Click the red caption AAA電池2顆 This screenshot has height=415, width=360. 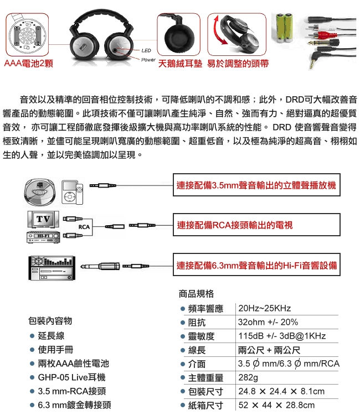pyautogui.click(x=29, y=64)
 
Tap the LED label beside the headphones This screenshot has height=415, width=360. pyautogui.click(x=146, y=50)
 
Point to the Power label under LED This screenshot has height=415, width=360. pyautogui.click(x=148, y=60)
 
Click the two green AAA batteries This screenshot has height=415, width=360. pyautogui.click(x=285, y=28)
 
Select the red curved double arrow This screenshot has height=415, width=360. pyautogui.click(x=219, y=30)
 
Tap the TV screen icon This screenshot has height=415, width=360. pyautogui.click(x=43, y=219)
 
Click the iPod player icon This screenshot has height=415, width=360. pyautogui.click(x=73, y=193)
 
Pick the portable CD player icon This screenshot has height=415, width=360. pyautogui.click(x=40, y=192)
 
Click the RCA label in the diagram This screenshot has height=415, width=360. pyautogui.click(x=84, y=227)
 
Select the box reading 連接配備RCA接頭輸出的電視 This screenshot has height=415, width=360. pyautogui.click(x=256, y=225)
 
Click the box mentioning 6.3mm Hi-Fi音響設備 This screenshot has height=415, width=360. pyautogui.click(x=256, y=264)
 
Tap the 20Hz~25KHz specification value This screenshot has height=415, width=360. pyautogui.click(x=264, y=308)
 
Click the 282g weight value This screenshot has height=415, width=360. pyautogui.click(x=248, y=377)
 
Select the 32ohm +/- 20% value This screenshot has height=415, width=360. pyautogui.click(x=268, y=322)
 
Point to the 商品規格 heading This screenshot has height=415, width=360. pyautogui.click(x=196, y=294)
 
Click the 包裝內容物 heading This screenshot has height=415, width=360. pyautogui.click(x=50, y=321)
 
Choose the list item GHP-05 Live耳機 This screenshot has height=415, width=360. pyautogui.click(x=71, y=377)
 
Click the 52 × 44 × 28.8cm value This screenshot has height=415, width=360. pyautogui.click(x=276, y=405)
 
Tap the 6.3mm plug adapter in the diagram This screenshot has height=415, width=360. pyautogui.click(x=100, y=266)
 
